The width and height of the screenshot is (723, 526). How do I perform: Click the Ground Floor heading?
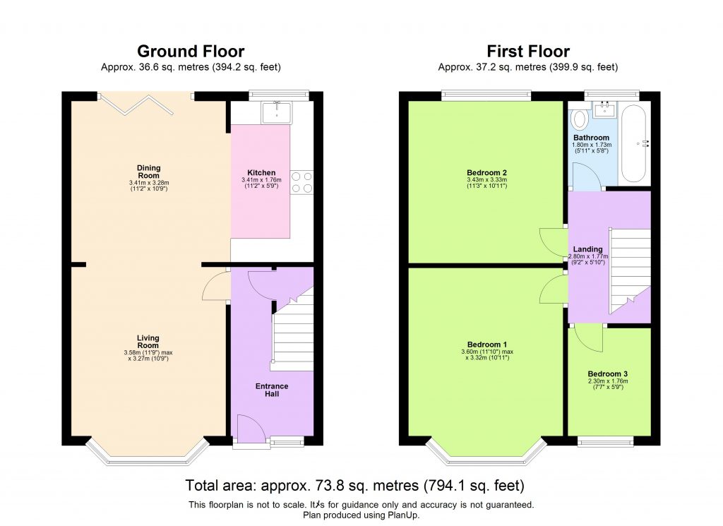191,52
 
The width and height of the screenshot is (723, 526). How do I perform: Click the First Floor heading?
528,52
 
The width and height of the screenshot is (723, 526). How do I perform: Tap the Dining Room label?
148,172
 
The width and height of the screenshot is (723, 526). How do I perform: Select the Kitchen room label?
261,173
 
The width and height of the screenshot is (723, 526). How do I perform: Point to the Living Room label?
148,341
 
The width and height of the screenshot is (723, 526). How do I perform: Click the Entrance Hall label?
272,390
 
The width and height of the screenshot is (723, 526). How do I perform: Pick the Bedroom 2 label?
486,172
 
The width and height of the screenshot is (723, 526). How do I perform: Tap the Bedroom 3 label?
607,374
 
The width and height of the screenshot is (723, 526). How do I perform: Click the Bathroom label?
591,138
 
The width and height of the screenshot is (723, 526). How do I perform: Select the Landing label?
587,249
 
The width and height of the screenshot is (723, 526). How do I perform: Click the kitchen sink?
276,112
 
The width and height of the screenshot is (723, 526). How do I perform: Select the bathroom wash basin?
605,109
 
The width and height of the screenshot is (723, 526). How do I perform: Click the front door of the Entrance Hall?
251,431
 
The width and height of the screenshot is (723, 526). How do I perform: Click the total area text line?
354,486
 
